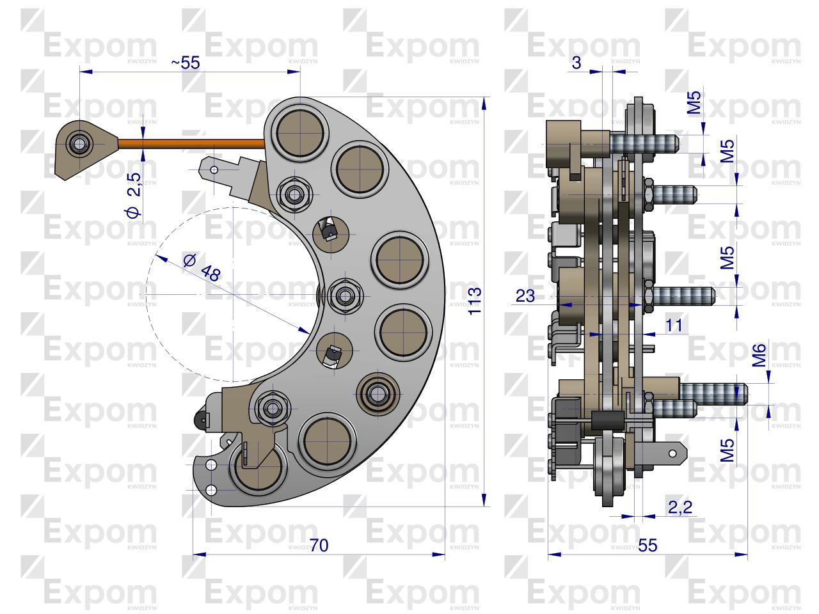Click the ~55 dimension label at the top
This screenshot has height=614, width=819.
(x=186, y=63)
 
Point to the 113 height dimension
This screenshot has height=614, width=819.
(x=475, y=301)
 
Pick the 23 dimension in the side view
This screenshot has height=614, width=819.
(x=525, y=295)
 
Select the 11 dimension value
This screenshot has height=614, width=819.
(x=674, y=325)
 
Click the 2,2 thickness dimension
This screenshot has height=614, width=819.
(x=680, y=507)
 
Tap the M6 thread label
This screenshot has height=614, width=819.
(x=759, y=355)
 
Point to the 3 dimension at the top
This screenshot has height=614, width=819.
(x=576, y=63)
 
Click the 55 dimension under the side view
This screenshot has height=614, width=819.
(x=648, y=546)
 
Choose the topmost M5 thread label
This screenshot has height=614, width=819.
(x=694, y=102)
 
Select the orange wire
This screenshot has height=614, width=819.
(x=192, y=143)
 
